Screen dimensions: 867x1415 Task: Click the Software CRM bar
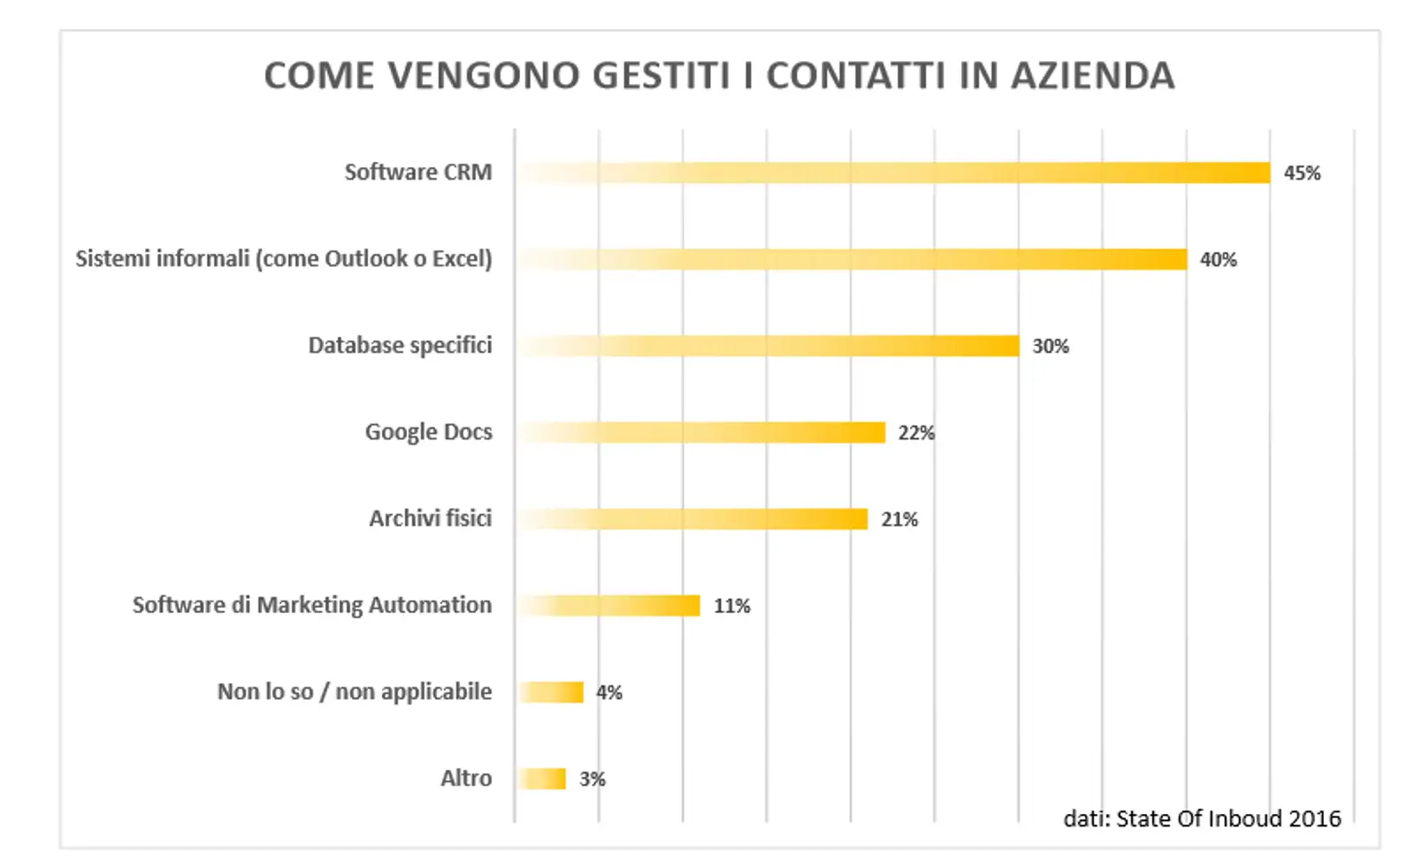[x=893, y=173]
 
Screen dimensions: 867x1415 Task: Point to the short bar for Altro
[x=541, y=779]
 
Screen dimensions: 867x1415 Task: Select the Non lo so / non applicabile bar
[x=550, y=692]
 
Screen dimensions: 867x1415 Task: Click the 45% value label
[x=1302, y=173]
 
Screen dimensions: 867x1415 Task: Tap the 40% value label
[x=1218, y=260]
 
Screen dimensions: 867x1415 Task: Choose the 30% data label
[x=1051, y=347]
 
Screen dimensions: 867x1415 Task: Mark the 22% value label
[x=916, y=433]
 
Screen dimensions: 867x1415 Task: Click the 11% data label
[x=732, y=606]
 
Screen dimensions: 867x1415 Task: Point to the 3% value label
[x=593, y=779]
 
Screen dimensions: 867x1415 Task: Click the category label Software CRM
[x=417, y=172]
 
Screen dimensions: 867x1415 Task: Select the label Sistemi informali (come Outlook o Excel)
[x=283, y=258]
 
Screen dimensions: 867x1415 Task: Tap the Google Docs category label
[x=428, y=432]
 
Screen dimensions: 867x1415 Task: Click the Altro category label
[x=466, y=778]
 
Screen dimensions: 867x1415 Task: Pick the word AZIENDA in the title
[x=1093, y=76]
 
